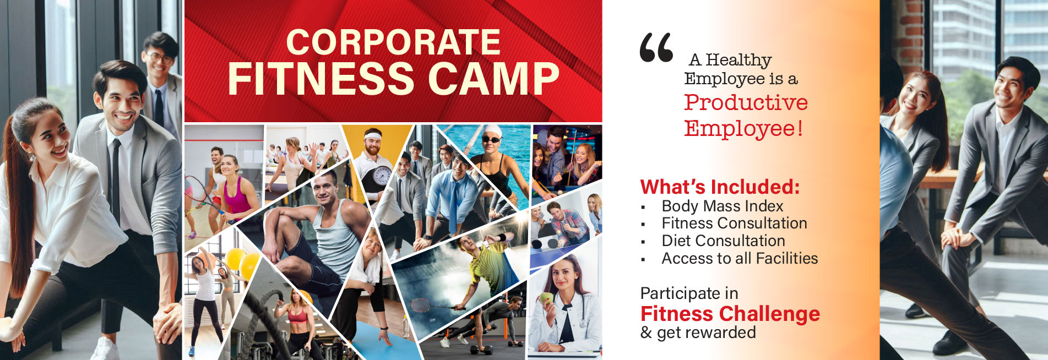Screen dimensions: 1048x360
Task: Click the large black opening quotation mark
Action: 656,47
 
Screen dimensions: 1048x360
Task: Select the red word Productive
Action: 746,102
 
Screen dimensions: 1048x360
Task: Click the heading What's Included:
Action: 720,187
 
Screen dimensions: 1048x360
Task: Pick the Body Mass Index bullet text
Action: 722,206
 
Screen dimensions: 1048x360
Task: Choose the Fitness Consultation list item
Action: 734,223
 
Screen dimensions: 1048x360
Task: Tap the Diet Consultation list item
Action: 723,241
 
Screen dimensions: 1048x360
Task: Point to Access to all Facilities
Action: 740,258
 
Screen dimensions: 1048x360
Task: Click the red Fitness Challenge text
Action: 730,314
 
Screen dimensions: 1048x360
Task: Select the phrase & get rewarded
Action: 698,332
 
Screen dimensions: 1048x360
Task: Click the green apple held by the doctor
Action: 546,298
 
